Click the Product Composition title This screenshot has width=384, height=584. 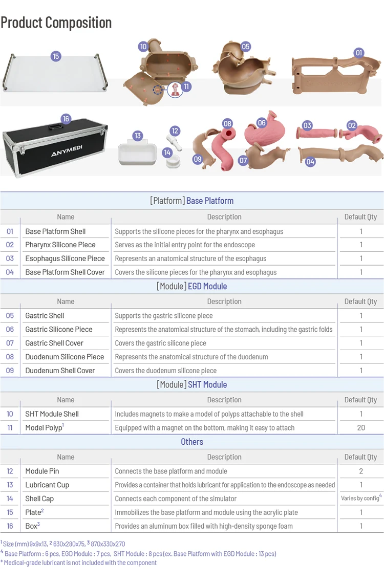point(56,23)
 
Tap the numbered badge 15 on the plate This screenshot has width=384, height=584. point(56,56)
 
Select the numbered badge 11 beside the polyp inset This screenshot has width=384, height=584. point(186,87)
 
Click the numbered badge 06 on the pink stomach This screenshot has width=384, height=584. point(262,123)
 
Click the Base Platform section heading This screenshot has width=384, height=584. point(192,201)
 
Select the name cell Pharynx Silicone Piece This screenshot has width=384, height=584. point(60,245)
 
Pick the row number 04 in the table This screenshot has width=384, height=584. point(10,272)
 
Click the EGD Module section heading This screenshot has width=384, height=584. point(192,286)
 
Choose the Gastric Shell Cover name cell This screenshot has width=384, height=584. point(54,343)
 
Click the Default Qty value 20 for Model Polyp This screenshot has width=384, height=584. point(361,427)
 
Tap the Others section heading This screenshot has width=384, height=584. point(192,442)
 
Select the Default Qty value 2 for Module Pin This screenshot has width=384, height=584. point(361,471)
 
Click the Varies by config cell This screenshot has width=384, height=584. point(361,499)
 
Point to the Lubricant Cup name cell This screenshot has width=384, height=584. point(47,485)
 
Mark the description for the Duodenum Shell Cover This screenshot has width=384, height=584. point(165,371)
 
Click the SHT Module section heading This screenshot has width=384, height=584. point(192,384)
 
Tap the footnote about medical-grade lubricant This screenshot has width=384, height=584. point(79,563)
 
